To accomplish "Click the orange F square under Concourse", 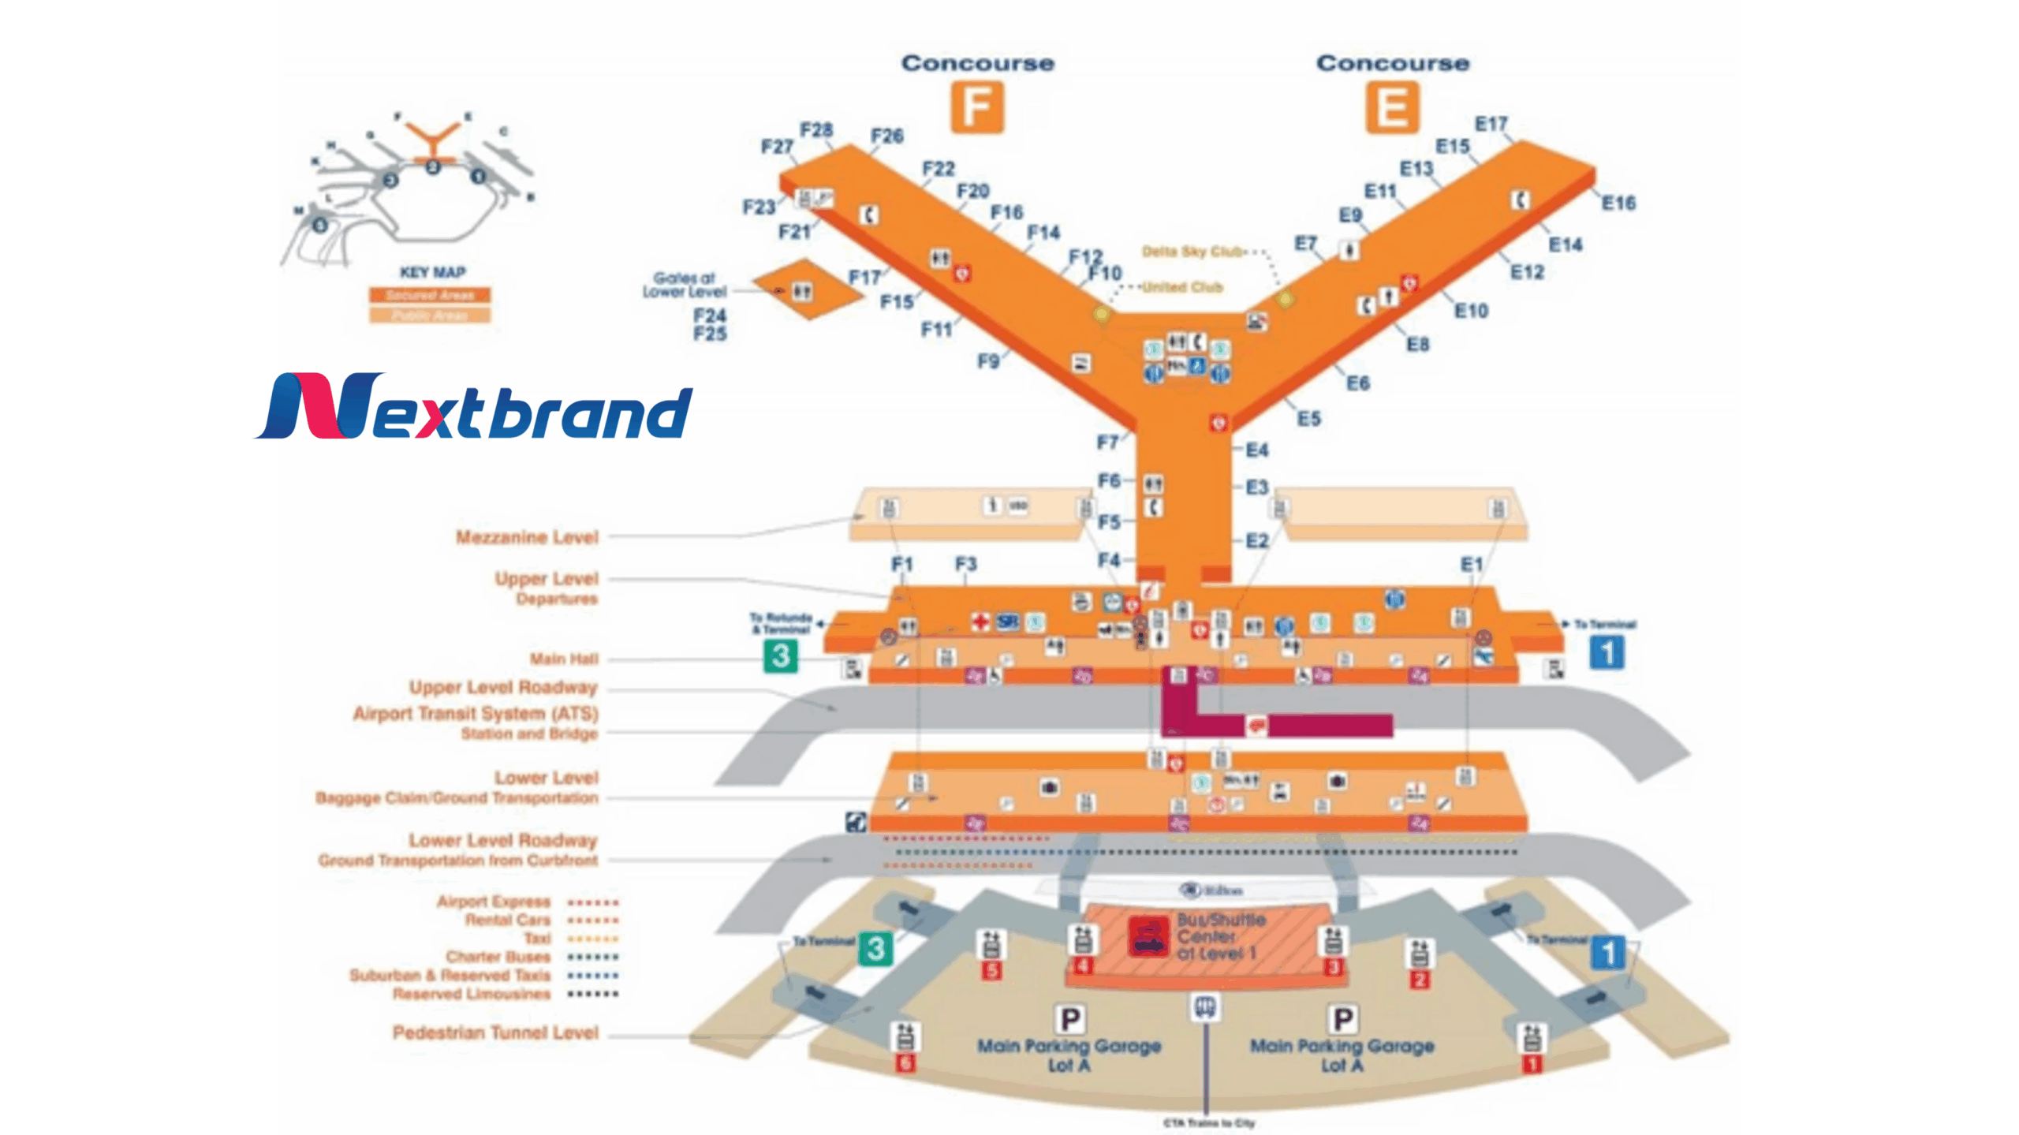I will (x=977, y=107).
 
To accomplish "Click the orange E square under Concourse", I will (x=1392, y=107).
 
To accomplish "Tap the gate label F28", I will (x=816, y=129).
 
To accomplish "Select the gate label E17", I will (x=1491, y=124).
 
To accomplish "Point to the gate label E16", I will (x=1618, y=203).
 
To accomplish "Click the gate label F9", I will (x=988, y=361).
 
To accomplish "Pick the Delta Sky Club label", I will (x=1192, y=252).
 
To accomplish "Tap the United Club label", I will (x=1182, y=287).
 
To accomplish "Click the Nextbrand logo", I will (x=473, y=406).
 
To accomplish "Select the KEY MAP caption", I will (x=432, y=272).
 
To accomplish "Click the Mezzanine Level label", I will (x=527, y=537).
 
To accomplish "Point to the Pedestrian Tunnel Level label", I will (x=495, y=1032).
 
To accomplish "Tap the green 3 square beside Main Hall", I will (x=781, y=655).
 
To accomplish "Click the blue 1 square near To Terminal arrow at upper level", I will (x=1607, y=652).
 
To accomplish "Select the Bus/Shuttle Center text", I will (x=1221, y=936).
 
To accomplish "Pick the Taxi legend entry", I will (x=537, y=939).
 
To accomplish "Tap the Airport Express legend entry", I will (x=494, y=902).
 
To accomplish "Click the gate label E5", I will (x=1309, y=419).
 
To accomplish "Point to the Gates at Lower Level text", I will (x=684, y=285).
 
